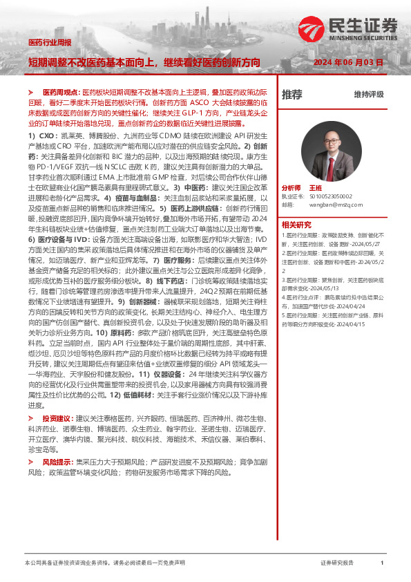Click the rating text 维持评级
[369, 95]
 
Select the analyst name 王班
[316, 188]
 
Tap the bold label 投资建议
[58, 419]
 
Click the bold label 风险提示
[58, 461]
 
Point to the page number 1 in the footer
[382, 563]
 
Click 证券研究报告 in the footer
[338, 563]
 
